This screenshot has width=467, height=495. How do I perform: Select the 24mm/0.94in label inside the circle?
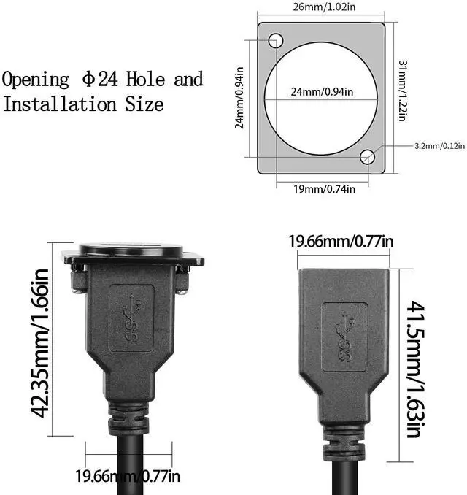[323, 91]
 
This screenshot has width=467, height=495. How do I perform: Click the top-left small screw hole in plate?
[275, 41]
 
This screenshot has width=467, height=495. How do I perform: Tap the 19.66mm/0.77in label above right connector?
[341, 241]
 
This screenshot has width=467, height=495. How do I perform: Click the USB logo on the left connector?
[131, 319]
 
